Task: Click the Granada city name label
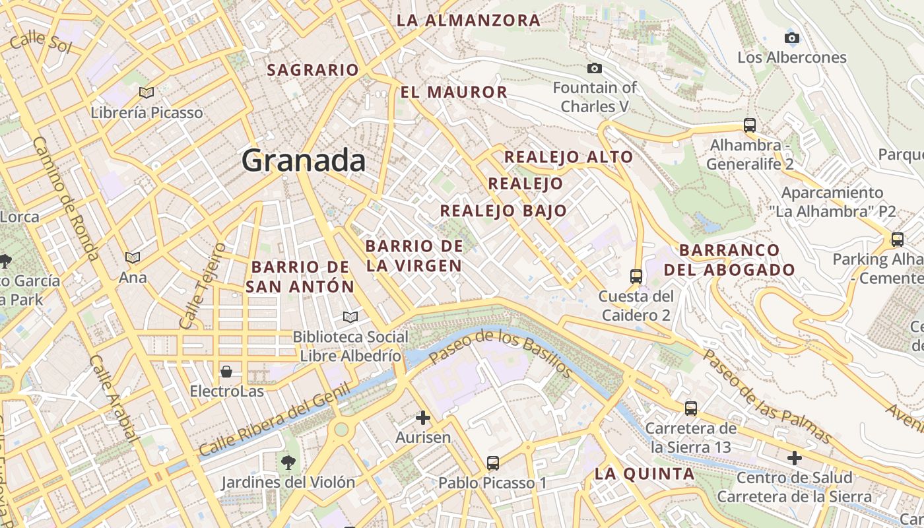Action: tap(303, 160)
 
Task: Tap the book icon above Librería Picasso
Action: tap(147, 93)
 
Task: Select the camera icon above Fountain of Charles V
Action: tap(595, 68)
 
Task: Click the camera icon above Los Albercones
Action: tap(791, 38)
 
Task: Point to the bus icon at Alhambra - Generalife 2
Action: tap(749, 125)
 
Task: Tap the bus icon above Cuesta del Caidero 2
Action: tap(636, 276)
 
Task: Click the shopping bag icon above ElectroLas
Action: tap(226, 372)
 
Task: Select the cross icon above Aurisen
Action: tap(423, 418)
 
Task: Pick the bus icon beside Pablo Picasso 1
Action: tap(493, 463)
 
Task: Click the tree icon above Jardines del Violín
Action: tap(288, 461)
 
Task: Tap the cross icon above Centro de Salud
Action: tap(795, 457)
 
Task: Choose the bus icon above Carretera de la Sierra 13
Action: tap(690, 409)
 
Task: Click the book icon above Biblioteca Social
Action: tap(350, 317)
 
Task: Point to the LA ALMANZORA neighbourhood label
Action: tap(469, 20)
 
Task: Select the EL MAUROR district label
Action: tap(454, 92)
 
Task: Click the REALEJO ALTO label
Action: tap(568, 157)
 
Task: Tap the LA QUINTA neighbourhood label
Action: tap(644, 473)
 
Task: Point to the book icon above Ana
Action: tap(133, 257)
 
